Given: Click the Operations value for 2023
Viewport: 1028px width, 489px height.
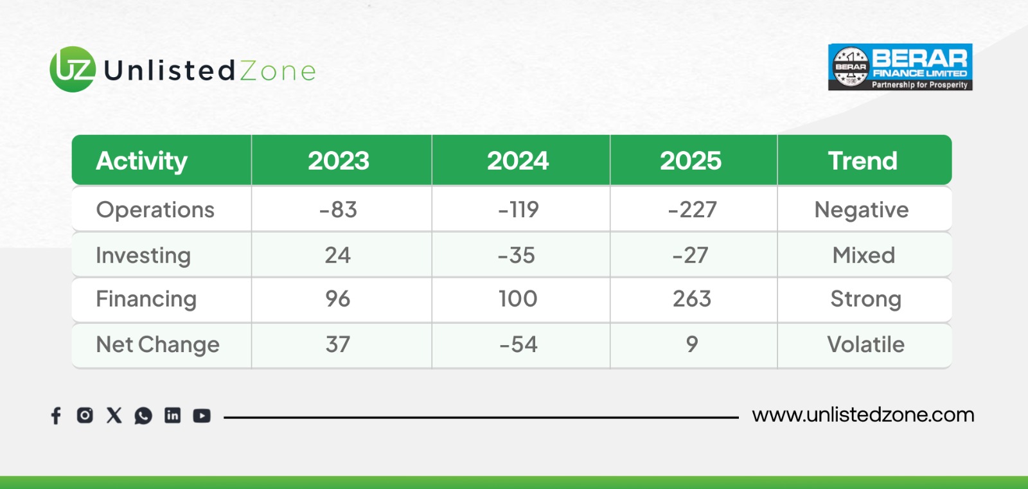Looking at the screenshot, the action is click(x=338, y=209).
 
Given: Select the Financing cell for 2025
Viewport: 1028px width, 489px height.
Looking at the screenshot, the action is click(x=691, y=299).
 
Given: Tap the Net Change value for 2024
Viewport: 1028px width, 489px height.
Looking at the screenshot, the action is click(x=518, y=344).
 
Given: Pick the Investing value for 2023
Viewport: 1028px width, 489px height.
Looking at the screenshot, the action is click(x=338, y=255).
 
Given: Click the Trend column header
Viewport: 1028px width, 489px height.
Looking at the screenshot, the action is click(x=863, y=161).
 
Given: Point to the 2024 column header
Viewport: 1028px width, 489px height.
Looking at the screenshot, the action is click(x=518, y=161).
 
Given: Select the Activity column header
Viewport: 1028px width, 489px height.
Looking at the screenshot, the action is click(x=142, y=161).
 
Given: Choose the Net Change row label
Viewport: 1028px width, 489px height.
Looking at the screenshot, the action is click(x=158, y=344).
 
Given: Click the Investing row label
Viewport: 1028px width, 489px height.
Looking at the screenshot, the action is click(x=143, y=255).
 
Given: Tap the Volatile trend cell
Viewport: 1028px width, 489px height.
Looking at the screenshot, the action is click(x=865, y=344).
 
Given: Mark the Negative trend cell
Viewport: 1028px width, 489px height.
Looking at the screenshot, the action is click(x=862, y=210).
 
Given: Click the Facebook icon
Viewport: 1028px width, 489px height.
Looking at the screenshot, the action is click(x=56, y=416).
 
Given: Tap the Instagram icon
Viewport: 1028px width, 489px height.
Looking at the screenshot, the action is click(x=85, y=415).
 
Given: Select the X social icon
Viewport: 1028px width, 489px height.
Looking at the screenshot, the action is click(x=114, y=415).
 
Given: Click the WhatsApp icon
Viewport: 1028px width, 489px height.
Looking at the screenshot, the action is click(x=143, y=416).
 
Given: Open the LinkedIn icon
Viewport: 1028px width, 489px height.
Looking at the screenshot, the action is click(x=173, y=415).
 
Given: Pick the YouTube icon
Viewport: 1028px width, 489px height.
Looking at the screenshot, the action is click(x=202, y=416).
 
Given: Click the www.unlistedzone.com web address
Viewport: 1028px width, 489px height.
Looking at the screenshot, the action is click(x=863, y=415).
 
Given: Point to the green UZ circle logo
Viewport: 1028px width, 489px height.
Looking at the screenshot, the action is click(x=73, y=69).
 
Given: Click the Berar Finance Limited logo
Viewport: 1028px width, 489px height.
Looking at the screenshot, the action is click(x=900, y=67).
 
